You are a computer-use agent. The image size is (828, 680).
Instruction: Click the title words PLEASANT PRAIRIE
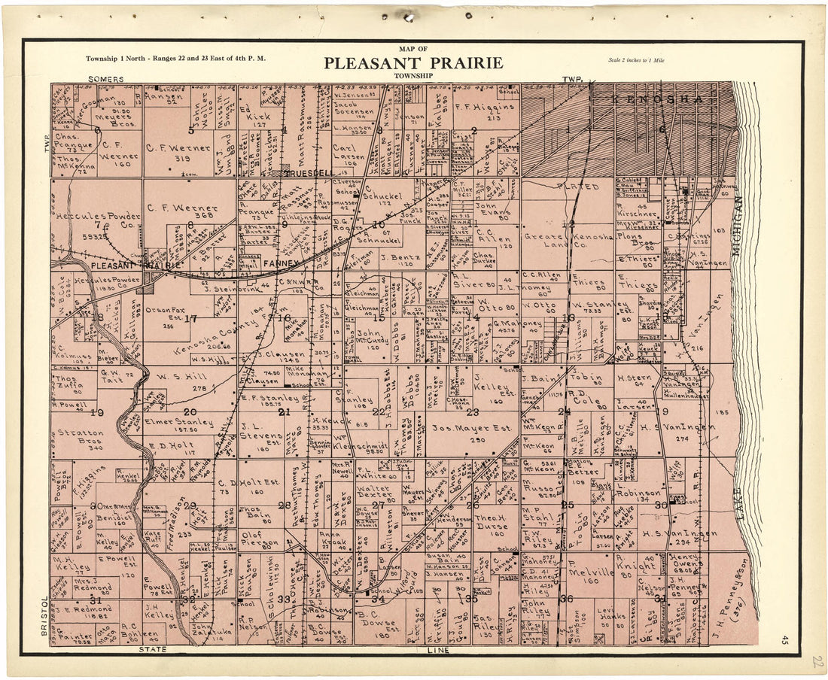pos(413,63)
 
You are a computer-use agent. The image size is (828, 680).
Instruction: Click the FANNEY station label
pos(281,264)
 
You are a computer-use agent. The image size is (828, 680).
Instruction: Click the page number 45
pos(785,639)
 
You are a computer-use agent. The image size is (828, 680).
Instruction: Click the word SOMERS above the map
pos(105,78)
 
